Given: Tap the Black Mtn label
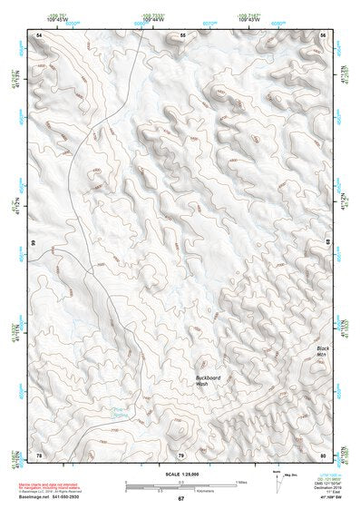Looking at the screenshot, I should coord(323,352).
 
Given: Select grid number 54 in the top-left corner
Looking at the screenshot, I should coord(39,34).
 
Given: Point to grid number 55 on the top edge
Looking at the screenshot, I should coord(181,34).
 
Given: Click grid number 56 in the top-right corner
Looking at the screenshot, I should coord(324,34).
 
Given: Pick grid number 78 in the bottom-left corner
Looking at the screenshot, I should coord(38,455).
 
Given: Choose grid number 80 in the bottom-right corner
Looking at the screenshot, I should coord(324,455).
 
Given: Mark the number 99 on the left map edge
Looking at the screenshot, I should coord(33,243).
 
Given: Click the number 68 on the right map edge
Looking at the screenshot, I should coord(329,243).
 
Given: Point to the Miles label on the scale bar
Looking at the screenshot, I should coord(241,482).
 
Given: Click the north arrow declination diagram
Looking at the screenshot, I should coord(277,478).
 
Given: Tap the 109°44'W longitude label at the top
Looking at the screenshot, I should coord(152,19).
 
